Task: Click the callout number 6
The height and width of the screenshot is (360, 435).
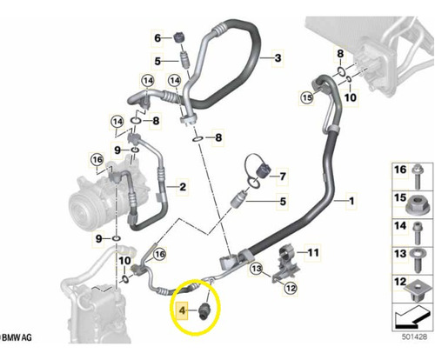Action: (x=157, y=37)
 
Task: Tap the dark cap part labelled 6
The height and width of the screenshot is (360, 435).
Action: (x=179, y=37)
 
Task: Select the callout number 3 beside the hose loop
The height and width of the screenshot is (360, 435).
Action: (x=278, y=58)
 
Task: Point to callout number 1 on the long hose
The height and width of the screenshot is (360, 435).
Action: (x=351, y=201)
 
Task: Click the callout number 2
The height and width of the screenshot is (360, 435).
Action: (x=183, y=187)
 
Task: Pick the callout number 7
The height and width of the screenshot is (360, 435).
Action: (x=283, y=177)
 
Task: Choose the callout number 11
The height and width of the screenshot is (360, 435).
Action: (x=313, y=252)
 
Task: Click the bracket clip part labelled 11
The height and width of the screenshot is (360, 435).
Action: (x=286, y=263)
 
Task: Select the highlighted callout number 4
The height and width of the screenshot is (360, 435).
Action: (x=182, y=310)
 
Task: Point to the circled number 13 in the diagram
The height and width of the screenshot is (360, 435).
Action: (x=257, y=269)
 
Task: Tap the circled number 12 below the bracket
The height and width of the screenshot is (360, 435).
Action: (x=291, y=288)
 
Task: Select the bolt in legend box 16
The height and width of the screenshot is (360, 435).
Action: (x=417, y=177)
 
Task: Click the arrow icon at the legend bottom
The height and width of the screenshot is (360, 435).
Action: (x=412, y=318)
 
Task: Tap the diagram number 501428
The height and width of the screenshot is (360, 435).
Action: (x=414, y=337)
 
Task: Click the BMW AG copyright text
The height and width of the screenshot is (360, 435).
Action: (x=16, y=337)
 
